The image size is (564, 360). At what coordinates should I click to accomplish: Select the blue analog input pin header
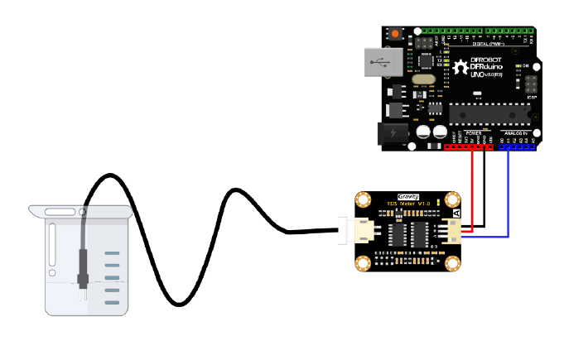click(x=518, y=147)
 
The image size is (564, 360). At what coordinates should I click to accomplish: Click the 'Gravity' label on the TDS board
click(x=409, y=197)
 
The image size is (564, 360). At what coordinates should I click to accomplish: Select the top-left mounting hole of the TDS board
click(x=363, y=200)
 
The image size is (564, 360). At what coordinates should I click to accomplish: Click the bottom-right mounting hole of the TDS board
click(x=452, y=263)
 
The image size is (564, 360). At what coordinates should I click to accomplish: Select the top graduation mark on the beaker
click(x=113, y=252)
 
